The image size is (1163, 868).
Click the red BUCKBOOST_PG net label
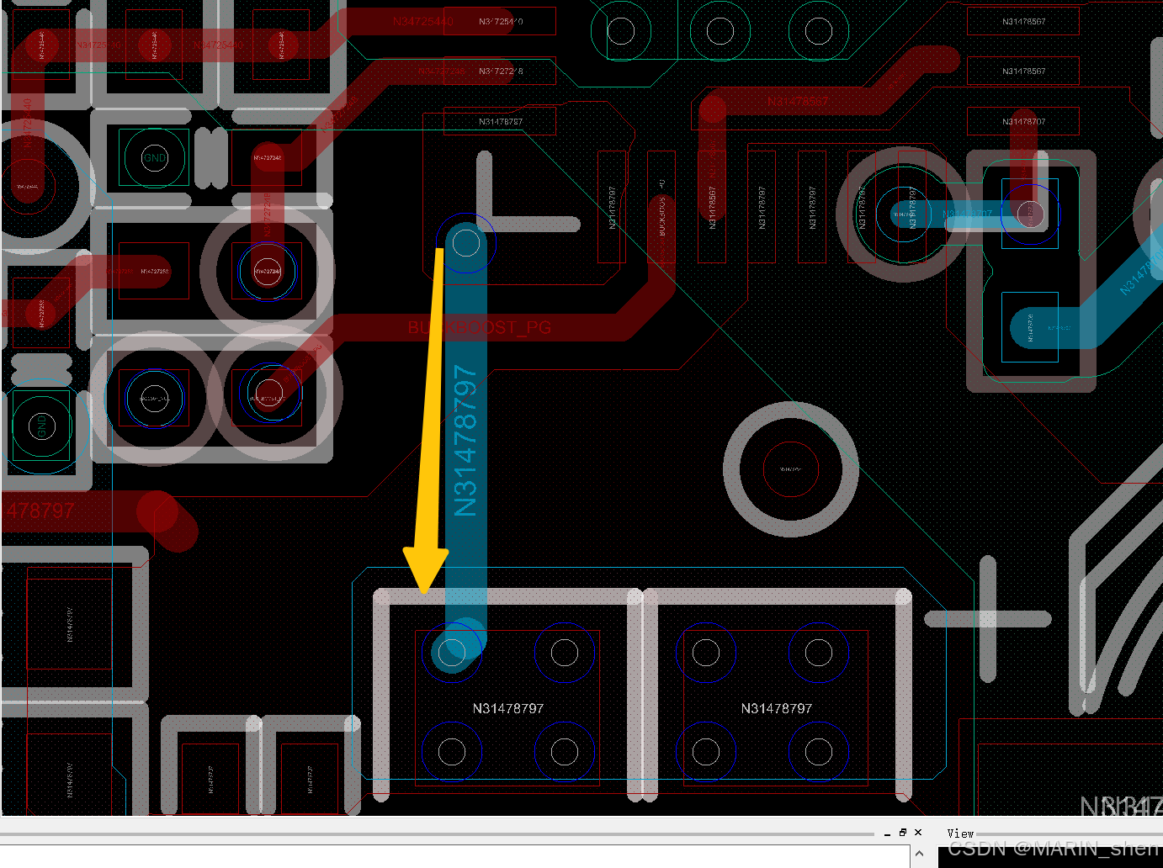tap(480, 327)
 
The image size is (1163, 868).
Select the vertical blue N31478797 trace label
tap(465, 440)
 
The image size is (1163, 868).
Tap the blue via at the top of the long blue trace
tap(466, 244)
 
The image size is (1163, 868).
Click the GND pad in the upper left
tap(155, 157)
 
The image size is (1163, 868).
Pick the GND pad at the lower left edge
tap(41, 426)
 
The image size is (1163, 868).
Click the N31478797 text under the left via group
tap(508, 709)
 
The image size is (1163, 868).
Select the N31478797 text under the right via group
tap(777, 709)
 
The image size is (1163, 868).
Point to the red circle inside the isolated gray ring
tap(790, 469)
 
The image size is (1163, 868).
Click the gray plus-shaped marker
tap(987, 619)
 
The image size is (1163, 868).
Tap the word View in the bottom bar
tap(960, 834)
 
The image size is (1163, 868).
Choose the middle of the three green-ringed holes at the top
tap(720, 32)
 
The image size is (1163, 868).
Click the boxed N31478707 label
tap(1023, 122)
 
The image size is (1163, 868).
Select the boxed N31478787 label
tap(501, 122)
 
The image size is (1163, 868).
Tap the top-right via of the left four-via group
tap(564, 653)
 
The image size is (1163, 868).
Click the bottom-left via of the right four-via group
tap(706, 751)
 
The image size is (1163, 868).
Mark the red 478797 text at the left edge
tap(40, 511)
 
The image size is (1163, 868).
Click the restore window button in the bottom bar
tap(902, 833)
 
